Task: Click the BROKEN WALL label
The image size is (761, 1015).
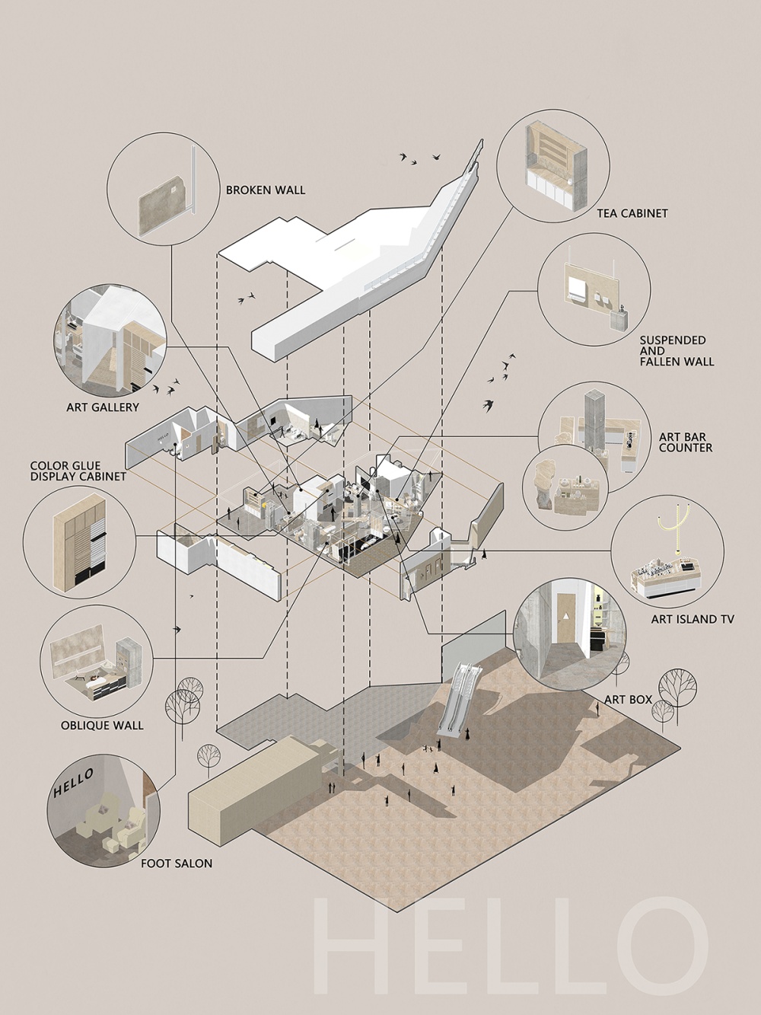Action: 266,190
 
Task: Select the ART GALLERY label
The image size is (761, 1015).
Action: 103,407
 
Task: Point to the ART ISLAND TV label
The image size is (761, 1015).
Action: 693,619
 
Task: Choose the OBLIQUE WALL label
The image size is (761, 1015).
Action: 102,725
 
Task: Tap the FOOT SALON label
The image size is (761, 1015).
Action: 177,863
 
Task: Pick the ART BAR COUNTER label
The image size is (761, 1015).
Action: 686,442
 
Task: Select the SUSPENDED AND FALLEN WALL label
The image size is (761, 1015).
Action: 677,350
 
